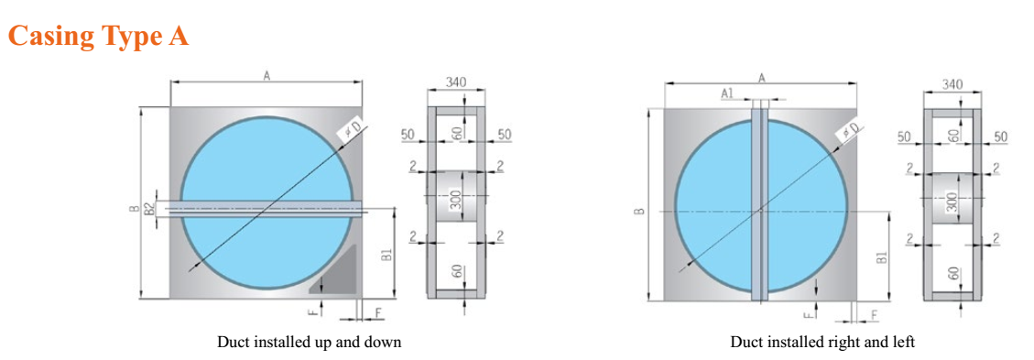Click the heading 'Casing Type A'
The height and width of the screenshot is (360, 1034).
coord(98,36)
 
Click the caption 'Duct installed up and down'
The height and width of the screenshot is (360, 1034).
coord(310,343)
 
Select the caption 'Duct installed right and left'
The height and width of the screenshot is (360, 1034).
coord(822,343)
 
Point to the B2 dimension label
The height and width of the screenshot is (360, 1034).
coord(149,211)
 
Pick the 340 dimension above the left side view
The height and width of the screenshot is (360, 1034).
coord(456,82)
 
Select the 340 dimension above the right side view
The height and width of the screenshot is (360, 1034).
coord(952,84)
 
